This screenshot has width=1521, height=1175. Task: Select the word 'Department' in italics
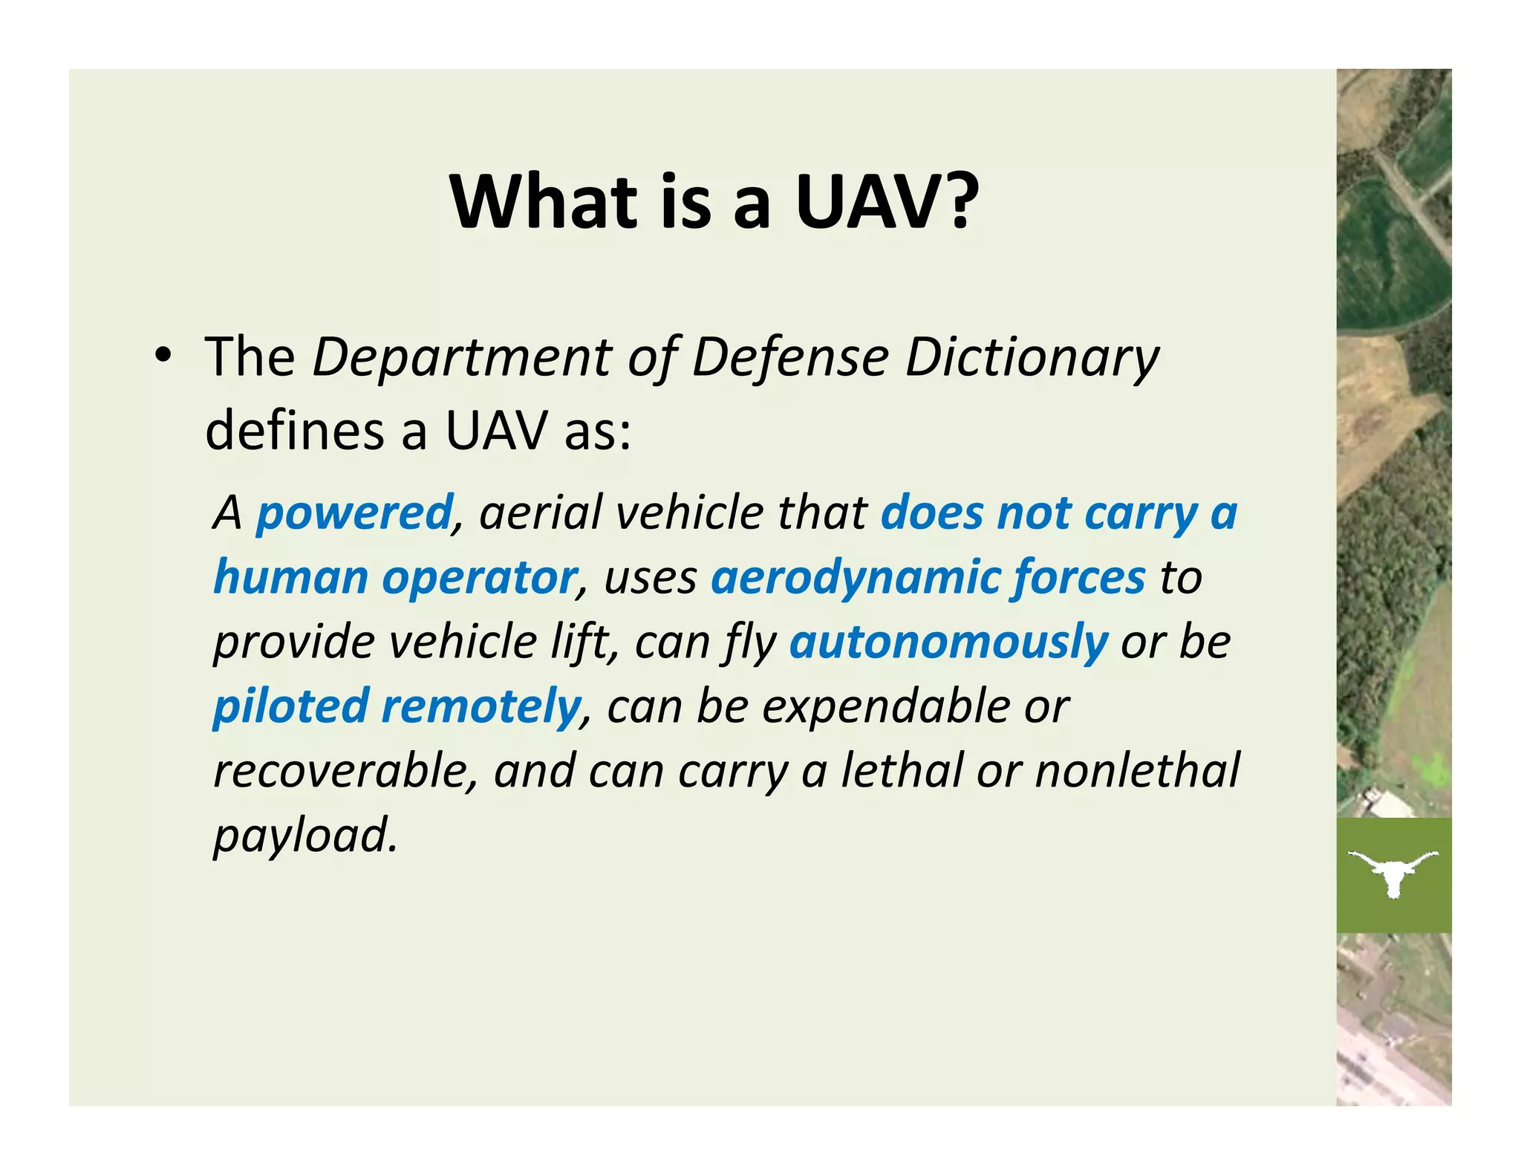pos(460,359)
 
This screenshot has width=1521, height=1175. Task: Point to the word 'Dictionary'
pos(1032,359)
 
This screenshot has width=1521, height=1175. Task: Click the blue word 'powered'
pos(354,514)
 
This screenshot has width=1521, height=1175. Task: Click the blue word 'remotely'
pos(481,706)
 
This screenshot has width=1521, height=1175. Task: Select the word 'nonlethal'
pos(1137,771)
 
